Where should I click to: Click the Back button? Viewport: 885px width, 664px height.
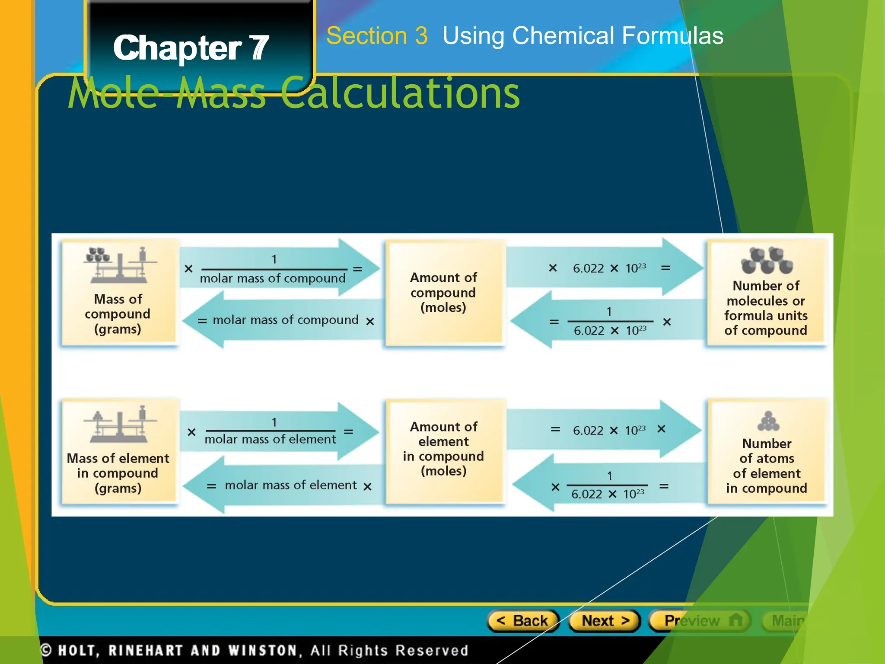523,621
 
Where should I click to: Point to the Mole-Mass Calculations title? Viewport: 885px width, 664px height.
294,93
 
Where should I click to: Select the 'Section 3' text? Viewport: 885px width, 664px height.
377,35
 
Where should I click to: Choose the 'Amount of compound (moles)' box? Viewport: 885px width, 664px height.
444,293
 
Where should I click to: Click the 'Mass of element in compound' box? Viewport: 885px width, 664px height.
118,452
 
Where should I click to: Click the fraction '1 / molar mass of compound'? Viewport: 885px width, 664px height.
273,269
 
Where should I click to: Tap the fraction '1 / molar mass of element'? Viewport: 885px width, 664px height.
271,431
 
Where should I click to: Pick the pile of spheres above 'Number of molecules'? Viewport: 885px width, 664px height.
767,261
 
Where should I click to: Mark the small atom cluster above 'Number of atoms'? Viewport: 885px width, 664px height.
768,421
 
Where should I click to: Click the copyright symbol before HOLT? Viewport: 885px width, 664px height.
46,650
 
